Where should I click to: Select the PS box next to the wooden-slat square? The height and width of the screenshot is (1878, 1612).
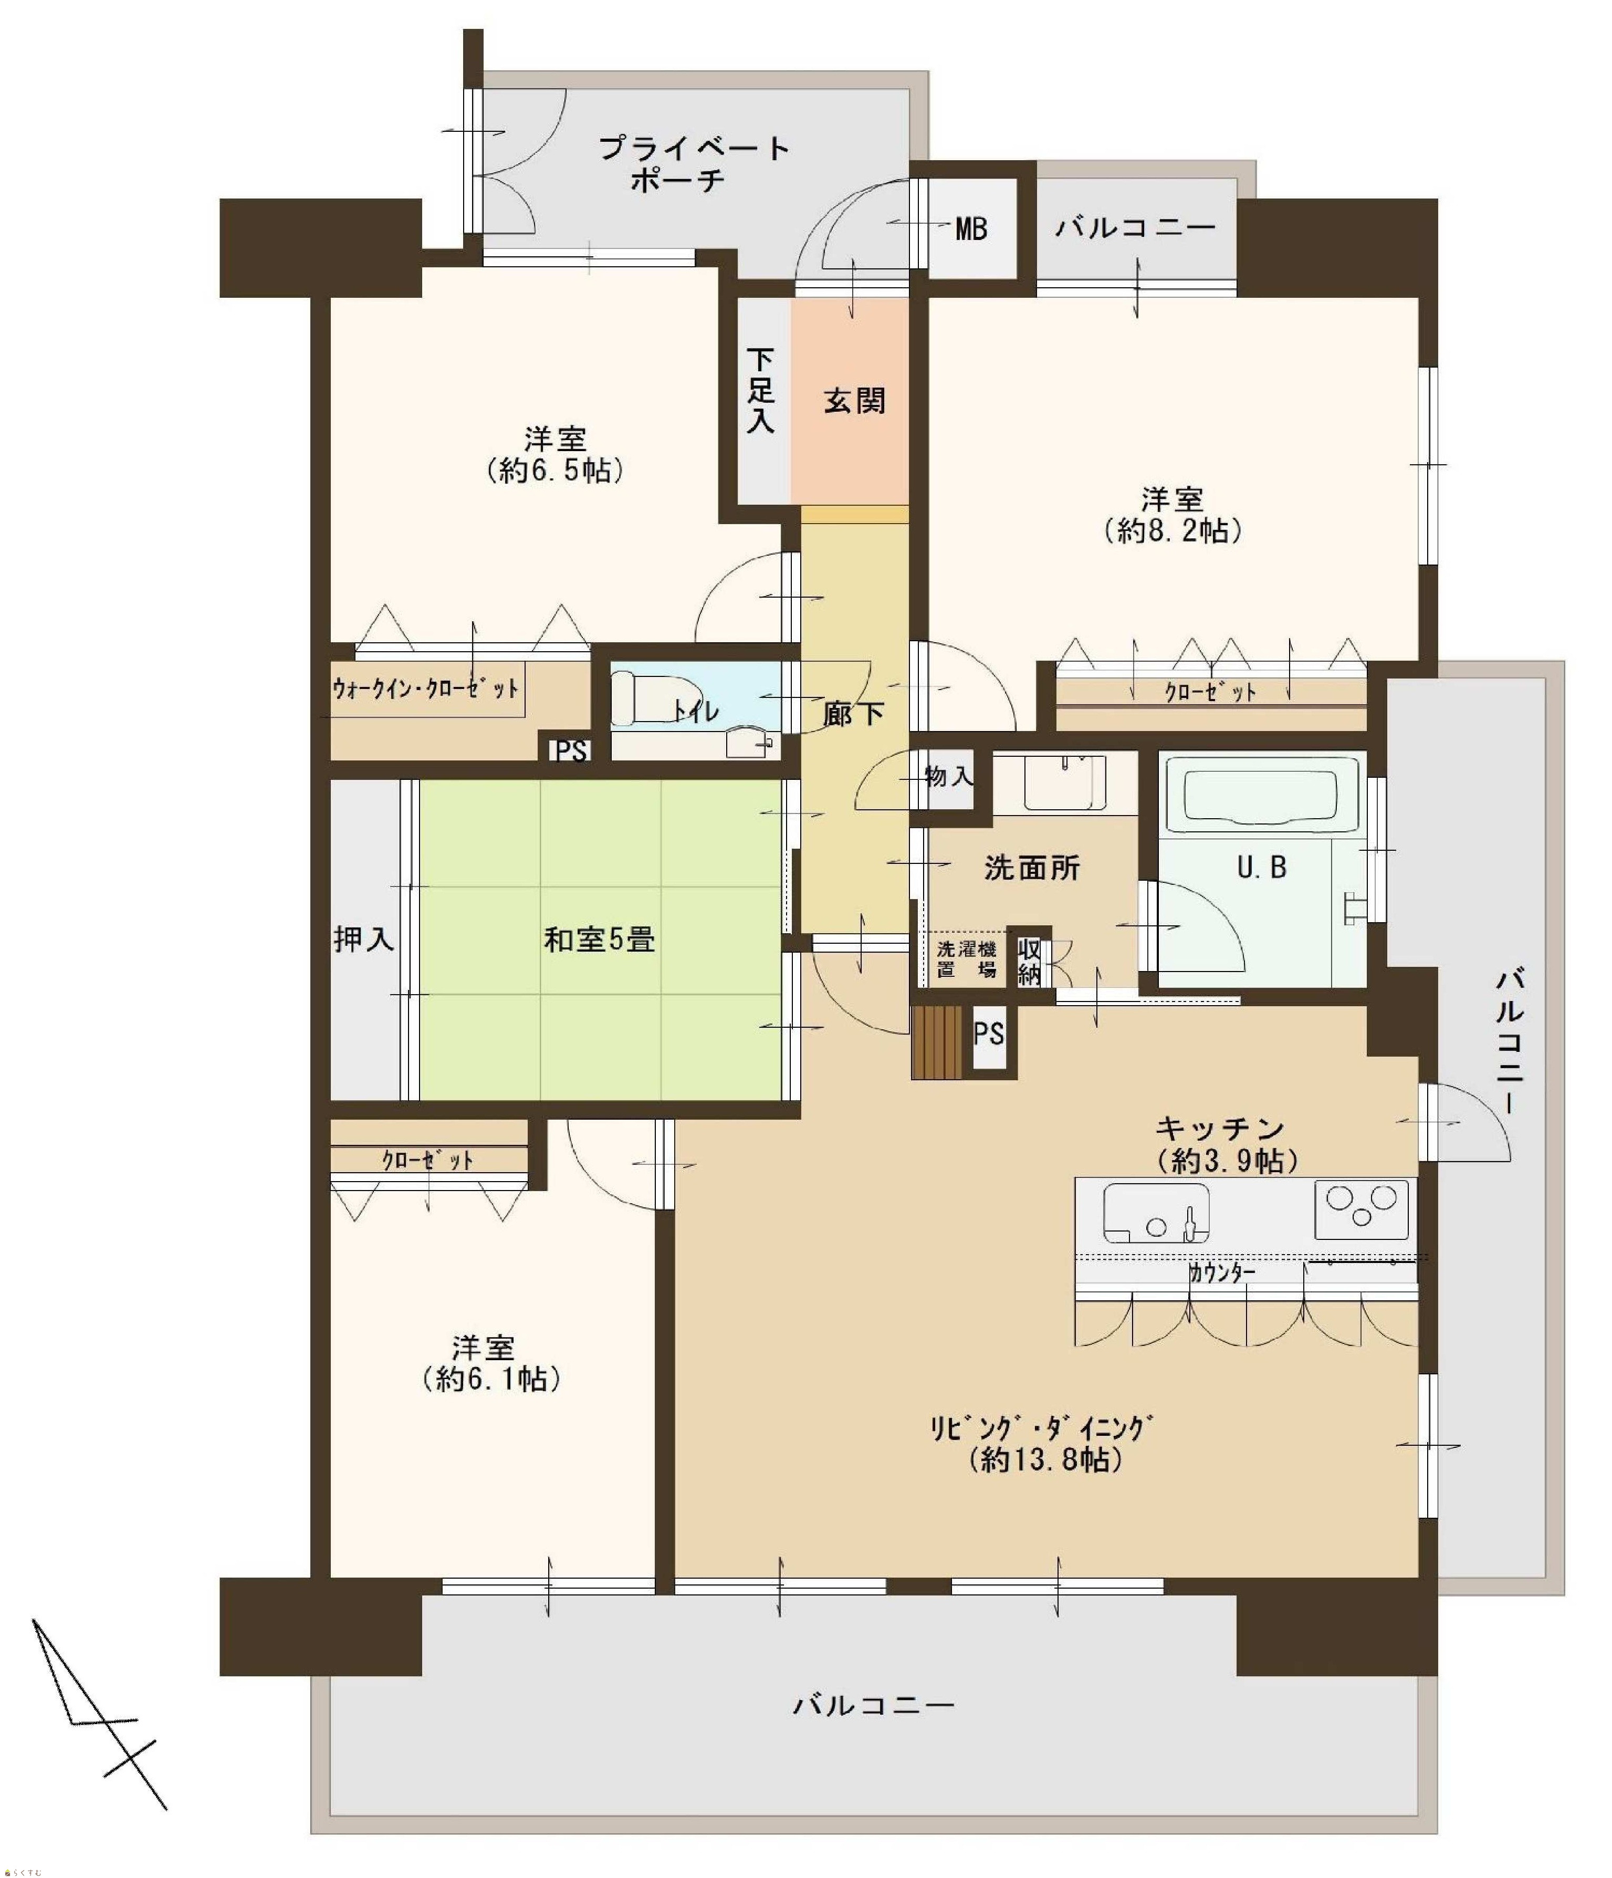(989, 1033)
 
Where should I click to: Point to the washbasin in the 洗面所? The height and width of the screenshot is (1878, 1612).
(1065, 781)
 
